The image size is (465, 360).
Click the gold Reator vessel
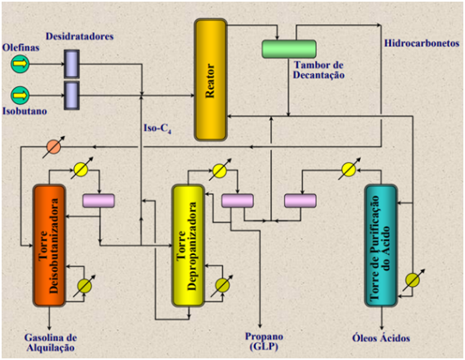(211, 80)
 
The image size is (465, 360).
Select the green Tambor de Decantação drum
(288, 49)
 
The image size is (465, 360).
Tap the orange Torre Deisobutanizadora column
(49, 245)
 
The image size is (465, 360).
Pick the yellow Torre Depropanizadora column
(189, 245)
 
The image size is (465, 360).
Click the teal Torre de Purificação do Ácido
(381, 245)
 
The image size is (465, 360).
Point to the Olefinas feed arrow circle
(20, 64)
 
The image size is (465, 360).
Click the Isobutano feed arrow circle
(20, 96)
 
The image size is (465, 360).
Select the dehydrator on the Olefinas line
(71, 64)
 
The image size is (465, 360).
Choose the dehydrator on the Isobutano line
(71, 96)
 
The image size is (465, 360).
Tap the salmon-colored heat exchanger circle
(53, 146)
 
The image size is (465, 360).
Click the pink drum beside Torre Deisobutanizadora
(98, 201)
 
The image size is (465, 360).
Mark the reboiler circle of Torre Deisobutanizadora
(84, 286)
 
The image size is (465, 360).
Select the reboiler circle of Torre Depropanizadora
(222, 286)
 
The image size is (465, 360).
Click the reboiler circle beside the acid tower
(412, 280)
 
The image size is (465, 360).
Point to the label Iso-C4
(158, 128)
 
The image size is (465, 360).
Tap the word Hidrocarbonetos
(422, 43)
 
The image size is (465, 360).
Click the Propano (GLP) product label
(264, 342)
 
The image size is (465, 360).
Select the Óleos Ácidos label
(381, 338)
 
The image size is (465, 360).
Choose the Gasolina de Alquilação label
(51, 343)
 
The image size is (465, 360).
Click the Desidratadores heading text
(79, 36)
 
